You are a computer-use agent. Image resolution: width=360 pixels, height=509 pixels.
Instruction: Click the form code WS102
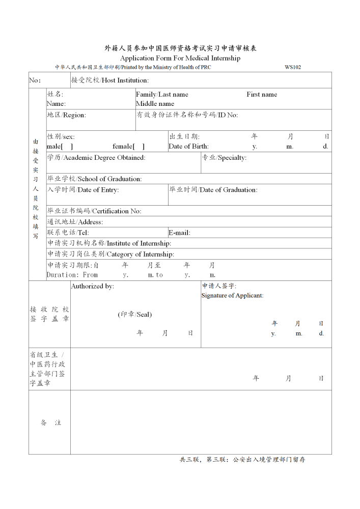(293, 67)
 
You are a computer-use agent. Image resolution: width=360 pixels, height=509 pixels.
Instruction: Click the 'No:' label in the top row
(35, 80)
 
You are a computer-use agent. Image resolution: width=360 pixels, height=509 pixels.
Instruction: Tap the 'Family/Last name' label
(162, 94)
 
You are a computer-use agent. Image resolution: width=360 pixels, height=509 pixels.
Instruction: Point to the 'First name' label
(262, 94)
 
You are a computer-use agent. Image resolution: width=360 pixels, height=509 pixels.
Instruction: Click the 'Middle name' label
(155, 104)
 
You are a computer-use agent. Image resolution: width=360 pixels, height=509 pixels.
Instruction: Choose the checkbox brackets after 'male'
(68, 147)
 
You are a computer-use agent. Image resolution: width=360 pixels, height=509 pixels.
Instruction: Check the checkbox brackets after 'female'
(139, 147)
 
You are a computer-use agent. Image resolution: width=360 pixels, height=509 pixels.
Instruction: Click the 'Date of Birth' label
(188, 147)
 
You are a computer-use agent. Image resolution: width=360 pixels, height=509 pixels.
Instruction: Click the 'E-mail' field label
(179, 233)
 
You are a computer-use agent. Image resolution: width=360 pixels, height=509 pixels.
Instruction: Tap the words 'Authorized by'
(92, 287)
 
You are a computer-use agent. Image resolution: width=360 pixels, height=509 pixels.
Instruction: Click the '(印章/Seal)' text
(135, 315)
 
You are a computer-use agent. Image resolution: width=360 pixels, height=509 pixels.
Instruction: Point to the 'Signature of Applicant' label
(232, 296)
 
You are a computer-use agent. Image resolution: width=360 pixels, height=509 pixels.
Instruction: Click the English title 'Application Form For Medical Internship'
(180, 58)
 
